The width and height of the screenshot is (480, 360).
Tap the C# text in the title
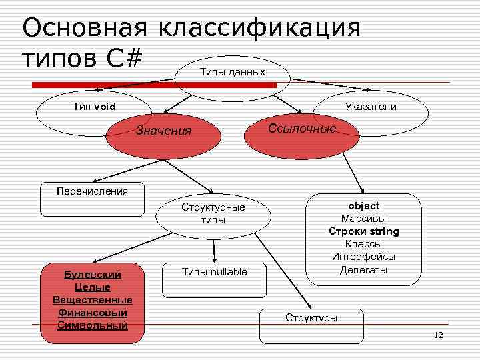tap(124, 59)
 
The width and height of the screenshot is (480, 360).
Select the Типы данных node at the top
tap(232, 72)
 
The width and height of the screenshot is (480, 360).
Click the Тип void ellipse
tap(94, 107)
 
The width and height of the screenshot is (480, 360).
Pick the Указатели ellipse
tap(371, 107)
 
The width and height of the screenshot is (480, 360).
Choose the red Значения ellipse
tap(163, 131)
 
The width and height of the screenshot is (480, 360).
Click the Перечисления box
tap(92, 192)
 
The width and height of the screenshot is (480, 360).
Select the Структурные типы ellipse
tap(213, 213)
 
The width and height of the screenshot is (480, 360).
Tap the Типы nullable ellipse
tap(214, 271)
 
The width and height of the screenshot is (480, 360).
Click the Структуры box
tap(311, 318)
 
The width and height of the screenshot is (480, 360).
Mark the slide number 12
tap(438, 335)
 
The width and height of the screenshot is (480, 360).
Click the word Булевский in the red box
tap(92, 275)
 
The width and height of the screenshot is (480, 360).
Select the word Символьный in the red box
tap(92, 325)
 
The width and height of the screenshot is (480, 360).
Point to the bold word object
tap(363, 206)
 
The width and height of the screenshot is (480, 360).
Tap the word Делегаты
tap(363, 269)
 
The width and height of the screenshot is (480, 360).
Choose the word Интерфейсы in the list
tap(363, 257)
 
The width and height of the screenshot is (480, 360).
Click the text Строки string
tap(363, 231)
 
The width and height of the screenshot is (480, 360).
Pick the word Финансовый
tap(92, 313)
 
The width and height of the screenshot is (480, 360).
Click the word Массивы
tap(363, 219)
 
